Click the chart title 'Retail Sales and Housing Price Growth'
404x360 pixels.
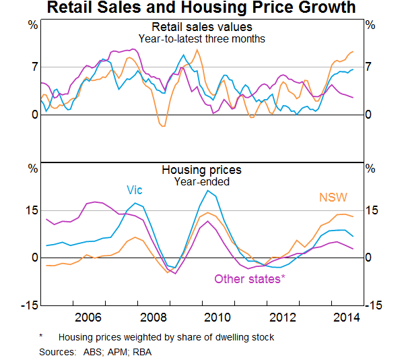pos(202,9)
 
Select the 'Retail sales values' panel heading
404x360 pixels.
pos(202,27)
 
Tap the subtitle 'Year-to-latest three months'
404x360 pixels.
pos(202,38)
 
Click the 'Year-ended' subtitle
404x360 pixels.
pos(202,181)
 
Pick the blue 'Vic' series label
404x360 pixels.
pos(135,190)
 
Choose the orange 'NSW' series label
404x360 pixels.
pos(333,198)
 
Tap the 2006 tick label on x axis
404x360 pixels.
pos(89,318)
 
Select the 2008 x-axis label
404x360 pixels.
pos(154,318)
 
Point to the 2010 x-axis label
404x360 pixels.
pos(218,318)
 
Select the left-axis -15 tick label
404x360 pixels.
pos(30,305)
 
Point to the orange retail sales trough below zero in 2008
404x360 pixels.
pos(162,125)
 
